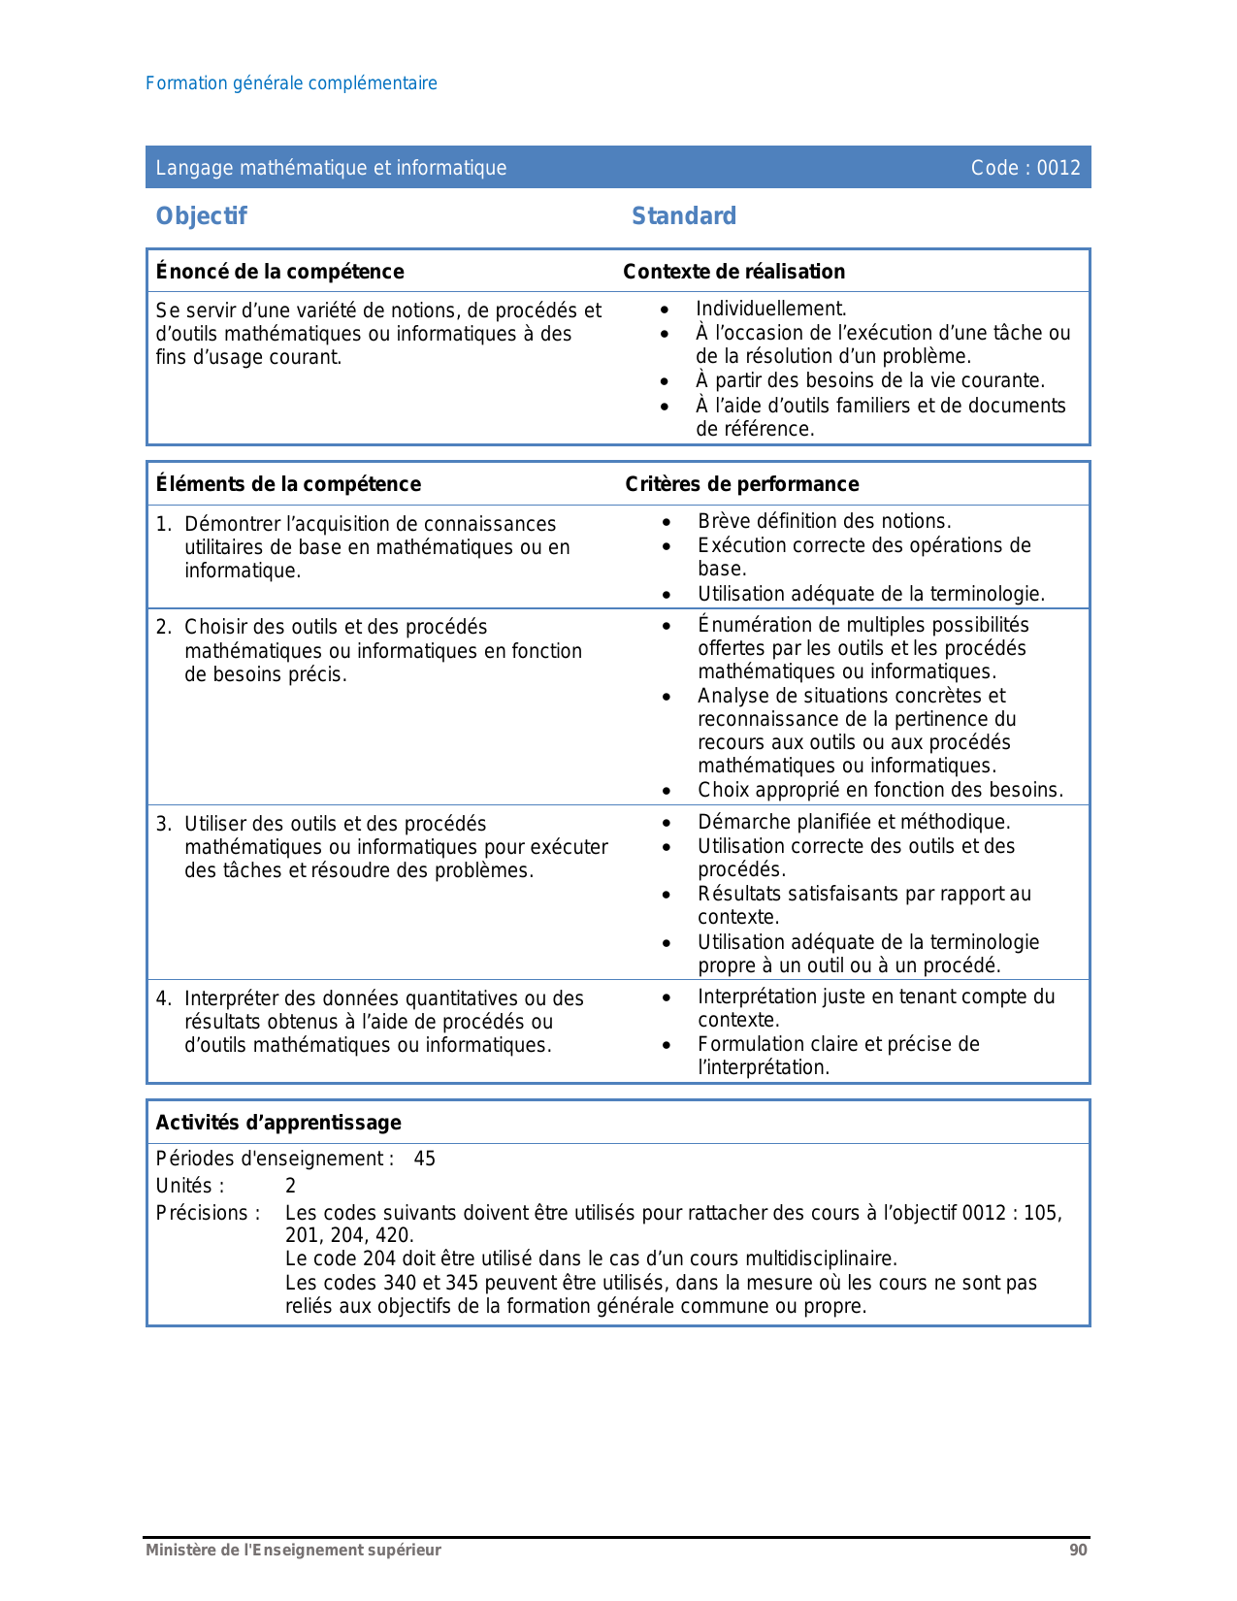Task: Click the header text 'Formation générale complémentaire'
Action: pos(291,83)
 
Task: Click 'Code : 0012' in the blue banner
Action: pos(1025,168)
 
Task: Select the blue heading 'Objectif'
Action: pos(202,216)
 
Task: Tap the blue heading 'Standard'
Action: pos(684,216)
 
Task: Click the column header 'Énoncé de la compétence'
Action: pos(279,272)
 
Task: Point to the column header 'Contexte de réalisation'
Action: pos(733,272)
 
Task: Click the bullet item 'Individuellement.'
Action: pos(770,309)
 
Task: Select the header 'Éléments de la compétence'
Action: pos(288,484)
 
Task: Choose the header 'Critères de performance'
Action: pos(741,484)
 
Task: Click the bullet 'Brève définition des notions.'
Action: pos(824,521)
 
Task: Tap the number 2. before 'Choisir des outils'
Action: pos(164,627)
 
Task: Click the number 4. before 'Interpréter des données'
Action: pos(164,998)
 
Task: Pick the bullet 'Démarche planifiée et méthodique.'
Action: pos(854,822)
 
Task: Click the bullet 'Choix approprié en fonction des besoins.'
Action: pos(880,790)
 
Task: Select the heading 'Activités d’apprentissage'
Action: pos(278,1123)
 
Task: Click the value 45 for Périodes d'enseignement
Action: pos(424,1159)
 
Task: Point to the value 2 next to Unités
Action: pos(290,1186)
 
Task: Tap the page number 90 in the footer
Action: pos(1078,1551)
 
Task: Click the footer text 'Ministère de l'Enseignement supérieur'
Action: pos(293,1551)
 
